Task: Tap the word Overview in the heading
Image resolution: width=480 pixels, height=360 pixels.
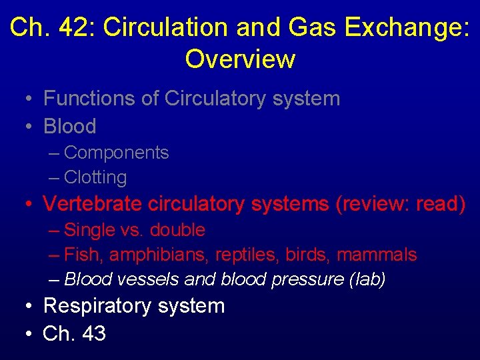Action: click(x=240, y=59)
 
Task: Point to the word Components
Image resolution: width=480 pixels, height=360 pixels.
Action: click(x=117, y=153)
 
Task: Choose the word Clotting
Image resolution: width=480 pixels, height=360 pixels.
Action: click(x=95, y=177)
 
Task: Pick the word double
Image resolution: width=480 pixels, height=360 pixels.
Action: click(x=177, y=230)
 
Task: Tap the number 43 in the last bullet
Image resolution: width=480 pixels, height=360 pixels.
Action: click(x=94, y=333)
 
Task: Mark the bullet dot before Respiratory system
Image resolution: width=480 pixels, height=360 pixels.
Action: click(x=27, y=307)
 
